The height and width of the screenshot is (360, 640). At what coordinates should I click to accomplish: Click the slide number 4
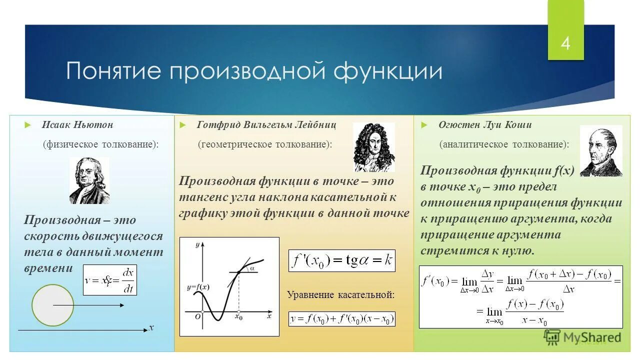coord(565,43)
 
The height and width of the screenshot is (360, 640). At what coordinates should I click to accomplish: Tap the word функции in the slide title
coord(388,71)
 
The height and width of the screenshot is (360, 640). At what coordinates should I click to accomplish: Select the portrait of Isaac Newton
coord(89,180)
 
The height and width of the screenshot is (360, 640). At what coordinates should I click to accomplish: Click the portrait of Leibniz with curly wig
coord(373,147)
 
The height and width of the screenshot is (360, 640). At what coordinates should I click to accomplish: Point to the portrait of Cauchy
coord(600,150)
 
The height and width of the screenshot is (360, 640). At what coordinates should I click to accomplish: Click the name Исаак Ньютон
coord(77,124)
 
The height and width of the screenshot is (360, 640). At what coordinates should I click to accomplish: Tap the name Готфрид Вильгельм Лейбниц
coord(266,124)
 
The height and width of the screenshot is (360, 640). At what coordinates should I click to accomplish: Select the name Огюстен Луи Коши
coord(485,124)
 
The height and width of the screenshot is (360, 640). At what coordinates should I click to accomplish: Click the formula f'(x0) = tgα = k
coord(341,261)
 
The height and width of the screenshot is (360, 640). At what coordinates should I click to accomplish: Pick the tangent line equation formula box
coord(341,319)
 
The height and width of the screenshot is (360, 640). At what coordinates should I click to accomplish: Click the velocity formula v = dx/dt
coord(110,280)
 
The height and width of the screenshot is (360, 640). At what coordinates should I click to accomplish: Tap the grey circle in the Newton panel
coord(52,305)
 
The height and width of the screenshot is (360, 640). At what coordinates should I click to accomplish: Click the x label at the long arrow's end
coord(150,328)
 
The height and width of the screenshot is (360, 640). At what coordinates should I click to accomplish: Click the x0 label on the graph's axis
coord(238,317)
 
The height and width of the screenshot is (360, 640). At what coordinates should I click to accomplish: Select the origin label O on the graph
coord(198,316)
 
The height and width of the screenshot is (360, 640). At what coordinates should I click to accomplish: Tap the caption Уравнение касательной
coord(340,295)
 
